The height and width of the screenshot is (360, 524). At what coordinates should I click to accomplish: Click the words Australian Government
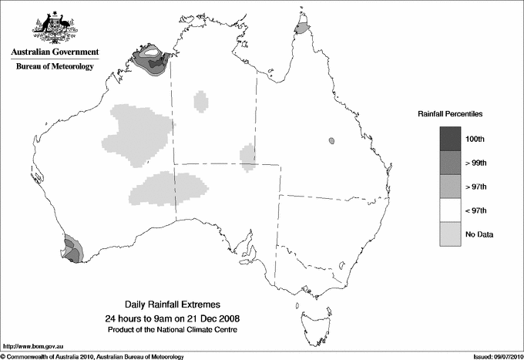tap(54, 52)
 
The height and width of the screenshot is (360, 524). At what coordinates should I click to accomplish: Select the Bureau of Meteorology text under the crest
tap(54, 66)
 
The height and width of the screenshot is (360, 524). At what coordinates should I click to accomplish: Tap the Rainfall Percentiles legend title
tap(450, 114)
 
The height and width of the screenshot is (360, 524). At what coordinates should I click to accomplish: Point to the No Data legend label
tap(480, 234)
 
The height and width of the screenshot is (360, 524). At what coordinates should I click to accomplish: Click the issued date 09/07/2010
tap(503, 355)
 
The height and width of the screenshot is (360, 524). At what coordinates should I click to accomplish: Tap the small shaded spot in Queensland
tap(331, 141)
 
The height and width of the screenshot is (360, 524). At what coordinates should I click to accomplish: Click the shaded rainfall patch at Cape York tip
tap(302, 29)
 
